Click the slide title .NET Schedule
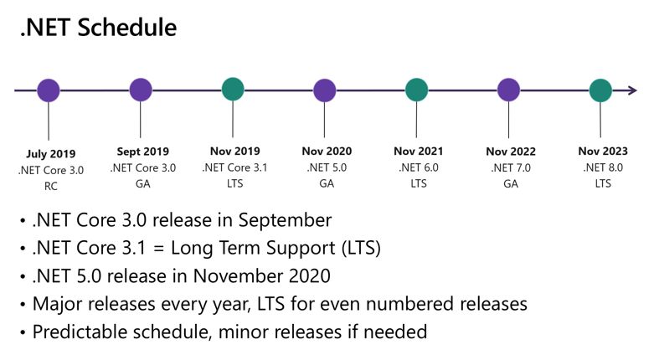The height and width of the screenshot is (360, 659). (x=98, y=28)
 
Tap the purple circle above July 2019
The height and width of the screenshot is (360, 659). (x=49, y=90)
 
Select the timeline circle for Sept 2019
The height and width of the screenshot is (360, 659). (x=141, y=90)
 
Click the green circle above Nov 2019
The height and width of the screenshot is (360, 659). (x=233, y=89)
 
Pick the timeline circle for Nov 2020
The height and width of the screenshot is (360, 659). (x=325, y=90)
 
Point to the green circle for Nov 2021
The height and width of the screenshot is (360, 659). (x=417, y=90)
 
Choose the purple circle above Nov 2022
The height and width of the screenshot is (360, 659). (x=509, y=90)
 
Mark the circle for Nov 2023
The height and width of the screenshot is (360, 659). (x=601, y=90)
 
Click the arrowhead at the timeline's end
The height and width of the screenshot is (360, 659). (x=632, y=90)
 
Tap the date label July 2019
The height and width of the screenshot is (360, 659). (x=50, y=154)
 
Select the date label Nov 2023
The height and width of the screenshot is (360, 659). (x=603, y=152)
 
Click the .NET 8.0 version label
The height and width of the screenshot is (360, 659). (x=603, y=167)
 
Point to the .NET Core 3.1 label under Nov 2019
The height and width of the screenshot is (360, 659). (x=234, y=167)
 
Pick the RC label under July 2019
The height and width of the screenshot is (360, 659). (x=50, y=185)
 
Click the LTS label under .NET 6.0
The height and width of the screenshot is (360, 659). (x=418, y=183)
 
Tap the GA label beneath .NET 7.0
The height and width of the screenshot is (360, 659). (x=510, y=183)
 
